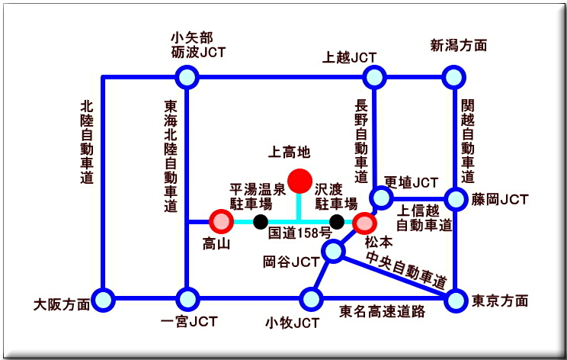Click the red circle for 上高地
click(x=300, y=181)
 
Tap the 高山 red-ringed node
click(x=221, y=221)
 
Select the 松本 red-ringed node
click(x=364, y=223)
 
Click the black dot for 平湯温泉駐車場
click(x=261, y=222)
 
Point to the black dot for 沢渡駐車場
click(x=336, y=222)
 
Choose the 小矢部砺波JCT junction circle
click(x=187, y=77)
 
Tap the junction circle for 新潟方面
click(x=454, y=77)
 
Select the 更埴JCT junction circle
click(x=381, y=198)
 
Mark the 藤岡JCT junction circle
click(x=456, y=200)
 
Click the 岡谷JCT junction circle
click(x=333, y=250)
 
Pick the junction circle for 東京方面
click(x=456, y=300)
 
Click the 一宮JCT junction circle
click(x=187, y=299)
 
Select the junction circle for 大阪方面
click(x=103, y=299)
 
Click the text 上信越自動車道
click(x=424, y=218)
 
